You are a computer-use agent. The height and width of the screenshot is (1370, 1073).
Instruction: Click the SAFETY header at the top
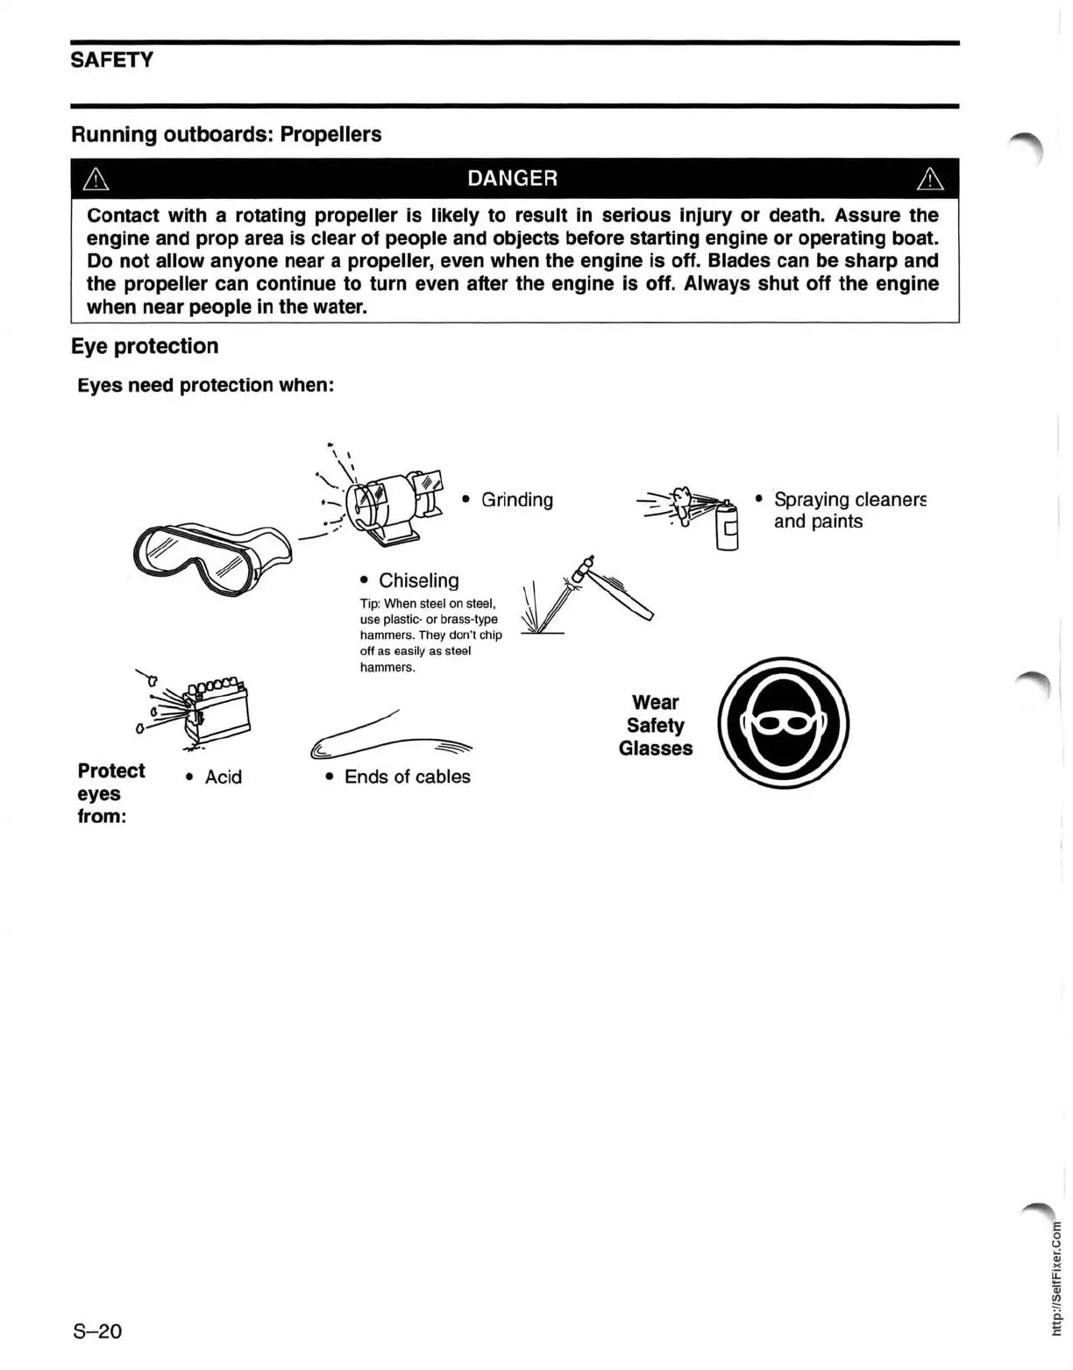[111, 60]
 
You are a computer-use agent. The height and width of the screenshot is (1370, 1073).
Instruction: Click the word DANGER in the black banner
[512, 179]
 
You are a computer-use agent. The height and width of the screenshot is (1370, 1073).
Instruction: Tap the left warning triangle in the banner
[95, 180]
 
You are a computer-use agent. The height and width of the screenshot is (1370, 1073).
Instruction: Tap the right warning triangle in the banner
[929, 180]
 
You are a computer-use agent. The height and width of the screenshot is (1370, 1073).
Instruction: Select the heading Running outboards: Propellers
[226, 135]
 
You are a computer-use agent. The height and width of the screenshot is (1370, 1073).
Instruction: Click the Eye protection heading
[145, 346]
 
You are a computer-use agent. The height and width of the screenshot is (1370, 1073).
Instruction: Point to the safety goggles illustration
[210, 557]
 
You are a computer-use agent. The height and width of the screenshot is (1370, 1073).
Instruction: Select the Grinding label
[517, 500]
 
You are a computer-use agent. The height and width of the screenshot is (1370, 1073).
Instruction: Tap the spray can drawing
[727, 527]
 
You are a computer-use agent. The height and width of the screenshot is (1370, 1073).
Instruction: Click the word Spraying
[811, 500]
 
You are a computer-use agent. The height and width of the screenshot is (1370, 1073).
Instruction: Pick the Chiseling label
[418, 580]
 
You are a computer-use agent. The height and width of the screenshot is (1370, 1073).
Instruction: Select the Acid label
[223, 777]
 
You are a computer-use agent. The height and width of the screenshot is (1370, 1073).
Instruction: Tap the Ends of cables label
[407, 777]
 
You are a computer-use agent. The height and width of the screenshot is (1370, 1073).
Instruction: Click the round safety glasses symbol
[783, 723]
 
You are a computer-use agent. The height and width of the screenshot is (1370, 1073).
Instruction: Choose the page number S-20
[97, 1331]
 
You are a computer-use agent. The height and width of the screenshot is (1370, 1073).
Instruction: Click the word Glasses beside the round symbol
[655, 749]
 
